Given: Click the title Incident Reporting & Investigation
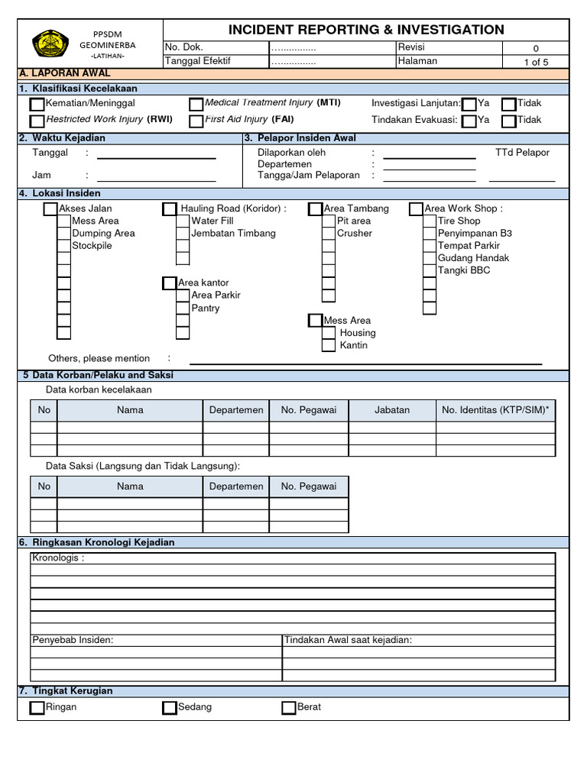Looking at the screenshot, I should coord(366,30).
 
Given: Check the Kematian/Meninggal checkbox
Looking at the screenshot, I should coord(37,104).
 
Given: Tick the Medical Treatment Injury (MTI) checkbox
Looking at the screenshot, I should coord(196,104).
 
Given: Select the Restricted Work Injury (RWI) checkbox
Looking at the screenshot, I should coord(37,121).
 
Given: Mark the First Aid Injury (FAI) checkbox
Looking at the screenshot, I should coord(196,121).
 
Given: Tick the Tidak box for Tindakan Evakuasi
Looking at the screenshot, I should coord(509,121).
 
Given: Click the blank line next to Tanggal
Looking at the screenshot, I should coord(156,158).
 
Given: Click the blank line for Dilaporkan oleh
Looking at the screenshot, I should coord(429,158).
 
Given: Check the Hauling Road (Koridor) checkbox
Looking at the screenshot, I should coord(170,209).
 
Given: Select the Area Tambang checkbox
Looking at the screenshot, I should coord(316,209).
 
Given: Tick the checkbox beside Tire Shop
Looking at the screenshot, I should coord(430,221).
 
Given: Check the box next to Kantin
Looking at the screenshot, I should coord(329,346).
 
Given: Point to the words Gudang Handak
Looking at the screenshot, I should coord(473,258).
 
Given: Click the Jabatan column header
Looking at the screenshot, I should coord(392,410).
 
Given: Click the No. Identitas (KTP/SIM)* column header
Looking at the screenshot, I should coord(495,410).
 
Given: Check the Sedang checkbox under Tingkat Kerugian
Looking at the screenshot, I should coord(170,708).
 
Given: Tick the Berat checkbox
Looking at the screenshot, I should coord(288,708).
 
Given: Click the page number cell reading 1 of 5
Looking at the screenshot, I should coord(536,62).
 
